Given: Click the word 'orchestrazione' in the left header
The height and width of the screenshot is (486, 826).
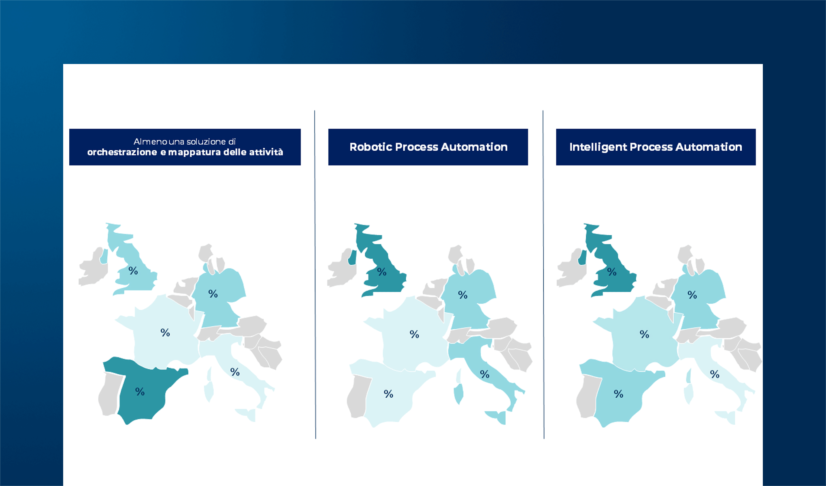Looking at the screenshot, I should (122, 152).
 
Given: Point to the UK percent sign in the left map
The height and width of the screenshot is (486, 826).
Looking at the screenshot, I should (133, 271).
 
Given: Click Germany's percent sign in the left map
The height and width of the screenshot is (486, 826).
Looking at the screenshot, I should (213, 294).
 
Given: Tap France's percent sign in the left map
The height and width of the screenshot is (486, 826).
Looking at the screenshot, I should (165, 333).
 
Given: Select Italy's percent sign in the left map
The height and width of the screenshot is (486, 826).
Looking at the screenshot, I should (235, 372).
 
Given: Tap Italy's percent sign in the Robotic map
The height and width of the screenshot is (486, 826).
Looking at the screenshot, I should (485, 374).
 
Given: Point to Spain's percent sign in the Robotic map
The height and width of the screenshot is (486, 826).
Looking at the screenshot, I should (388, 394).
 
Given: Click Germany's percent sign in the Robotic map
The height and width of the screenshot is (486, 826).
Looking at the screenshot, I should (463, 295).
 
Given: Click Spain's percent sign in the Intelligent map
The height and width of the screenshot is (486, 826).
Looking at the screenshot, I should (618, 394).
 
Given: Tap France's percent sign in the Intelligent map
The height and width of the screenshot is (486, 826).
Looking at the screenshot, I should (644, 334).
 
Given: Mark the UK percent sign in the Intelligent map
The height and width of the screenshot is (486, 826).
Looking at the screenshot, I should (612, 272).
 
